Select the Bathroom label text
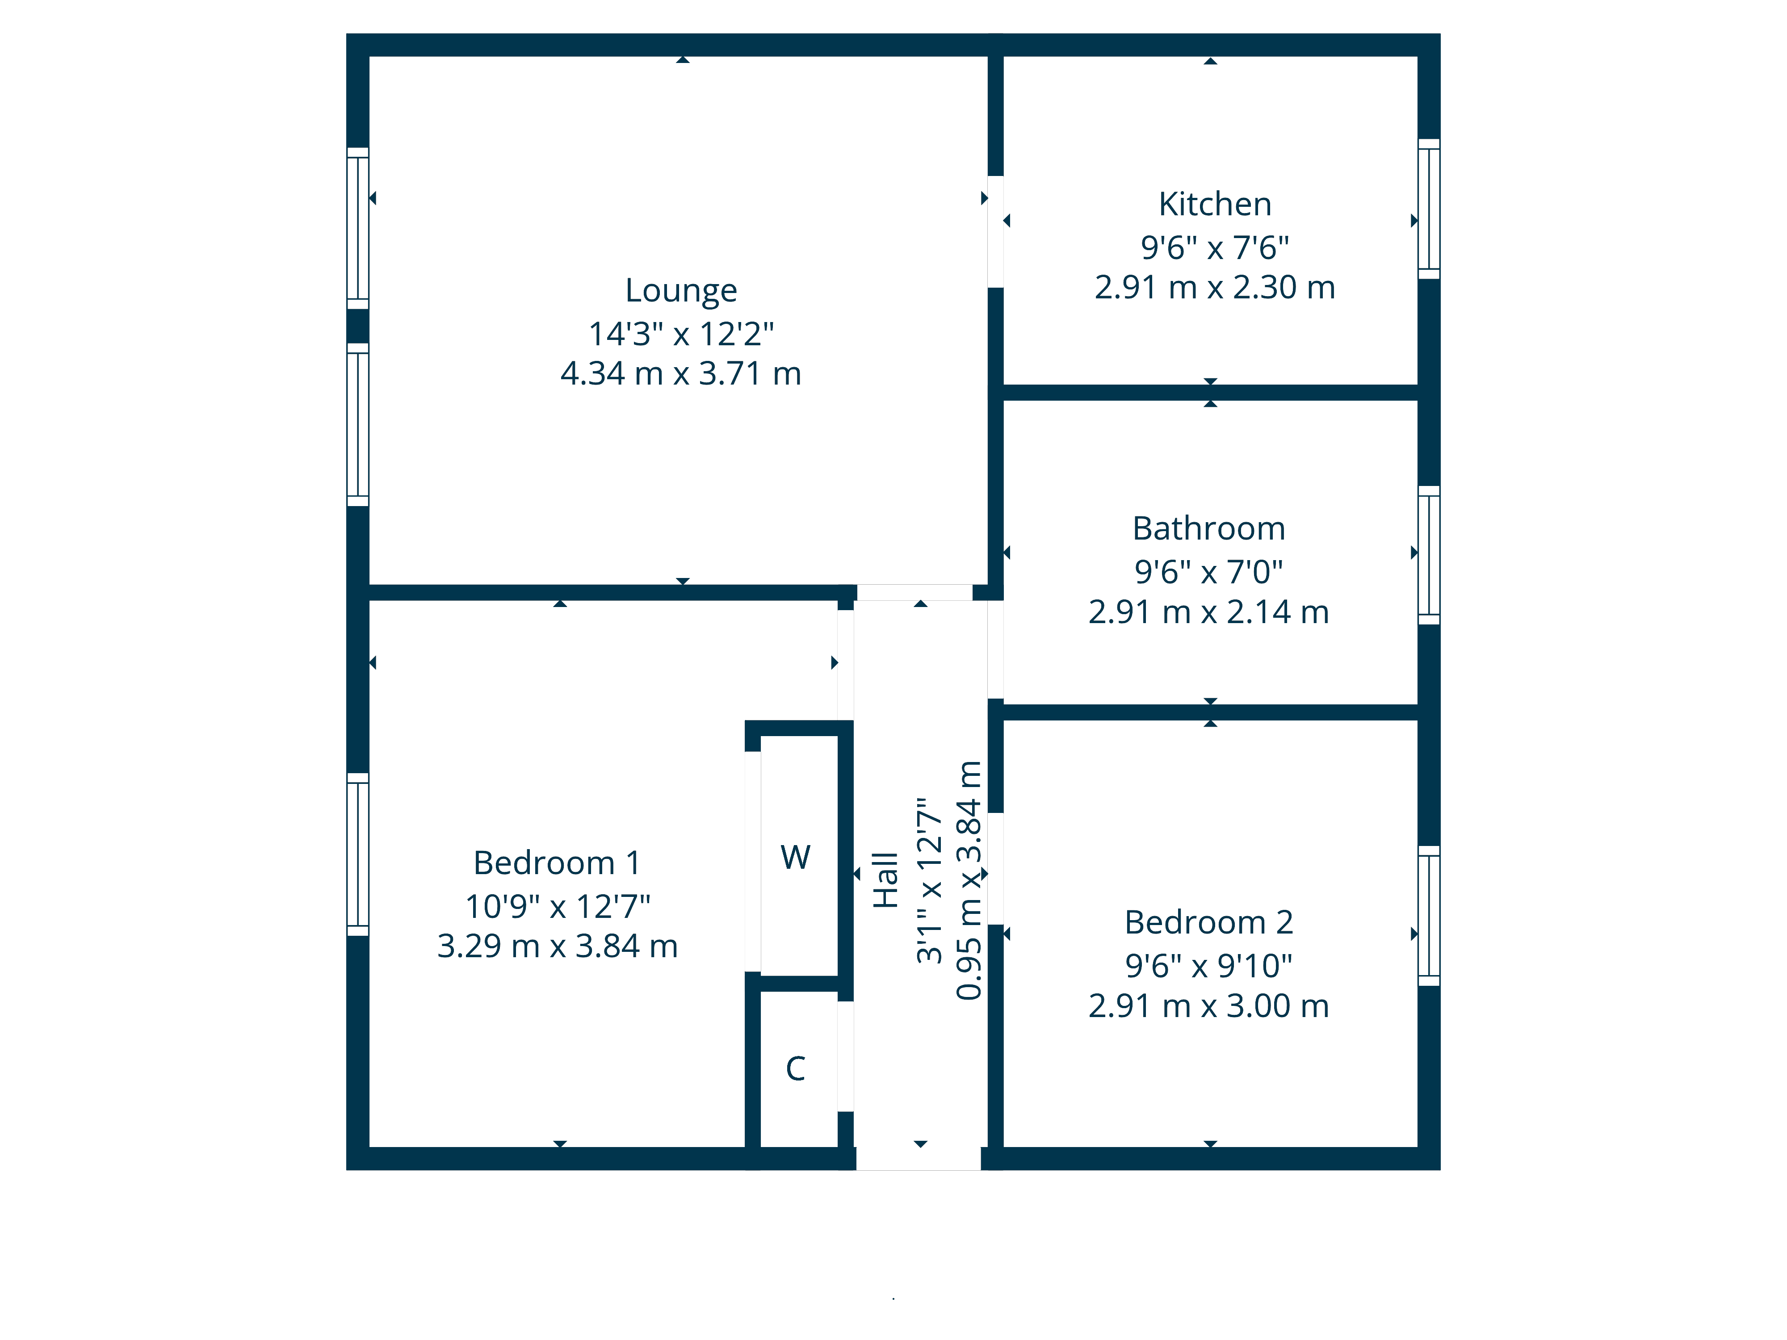pyautogui.click(x=1208, y=529)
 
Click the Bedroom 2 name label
pyautogui.click(x=1208, y=922)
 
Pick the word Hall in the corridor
pyautogui.click(x=886, y=879)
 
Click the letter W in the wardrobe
pyautogui.click(x=796, y=858)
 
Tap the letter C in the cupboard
pyautogui.click(x=796, y=1068)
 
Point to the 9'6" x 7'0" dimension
pyautogui.click(x=1208, y=572)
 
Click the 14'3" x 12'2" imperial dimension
pyautogui.click(x=681, y=334)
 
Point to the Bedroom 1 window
pyautogui.click(x=358, y=854)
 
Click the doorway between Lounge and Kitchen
pyautogui.click(x=995, y=232)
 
